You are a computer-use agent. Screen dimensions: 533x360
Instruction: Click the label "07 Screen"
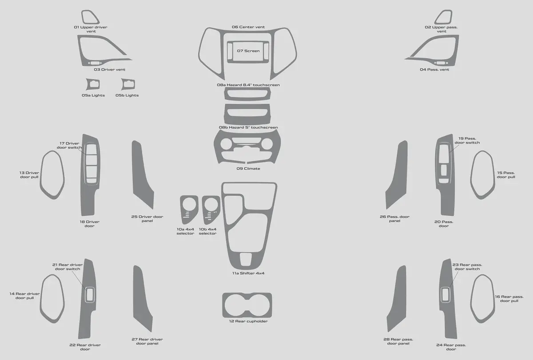[x=248, y=51]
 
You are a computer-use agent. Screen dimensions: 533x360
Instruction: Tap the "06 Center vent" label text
[x=248, y=27]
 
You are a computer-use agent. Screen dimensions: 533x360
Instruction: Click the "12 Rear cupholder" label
[x=248, y=321]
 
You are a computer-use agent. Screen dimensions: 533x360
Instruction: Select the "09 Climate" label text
[x=248, y=169]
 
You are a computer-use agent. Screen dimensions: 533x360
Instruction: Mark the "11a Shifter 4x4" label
[x=248, y=273]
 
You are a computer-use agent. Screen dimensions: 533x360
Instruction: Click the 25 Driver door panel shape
[x=142, y=176]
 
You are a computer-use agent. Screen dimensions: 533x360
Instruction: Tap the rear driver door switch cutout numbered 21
[x=90, y=295]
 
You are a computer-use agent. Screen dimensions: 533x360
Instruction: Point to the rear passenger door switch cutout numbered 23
[x=445, y=295]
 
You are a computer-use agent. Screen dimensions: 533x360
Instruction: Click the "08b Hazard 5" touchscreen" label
[x=248, y=127]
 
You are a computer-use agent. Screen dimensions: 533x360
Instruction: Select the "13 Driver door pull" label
[x=29, y=175]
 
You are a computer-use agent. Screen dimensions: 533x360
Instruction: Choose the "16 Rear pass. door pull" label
[x=509, y=299]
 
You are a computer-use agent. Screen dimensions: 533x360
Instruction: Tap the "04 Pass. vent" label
[x=434, y=70]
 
